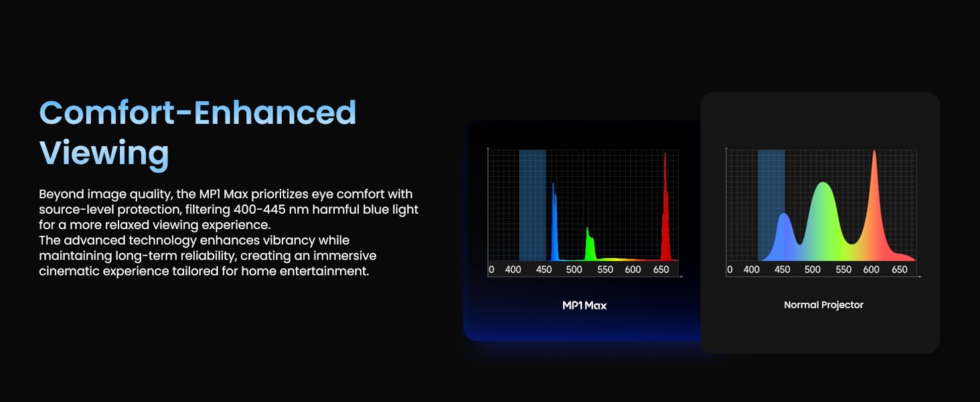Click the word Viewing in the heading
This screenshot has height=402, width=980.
tap(104, 153)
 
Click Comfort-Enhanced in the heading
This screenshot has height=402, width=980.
tap(197, 113)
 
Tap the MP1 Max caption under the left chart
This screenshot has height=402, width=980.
tap(584, 306)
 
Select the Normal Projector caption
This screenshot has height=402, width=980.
tap(823, 305)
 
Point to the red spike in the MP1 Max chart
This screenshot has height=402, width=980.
tap(665, 210)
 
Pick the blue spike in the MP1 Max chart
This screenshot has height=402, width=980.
tap(554, 223)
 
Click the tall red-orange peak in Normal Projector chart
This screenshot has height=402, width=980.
tap(874, 206)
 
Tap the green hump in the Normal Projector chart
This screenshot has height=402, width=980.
tap(823, 219)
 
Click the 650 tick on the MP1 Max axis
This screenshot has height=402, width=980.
tap(661, 269)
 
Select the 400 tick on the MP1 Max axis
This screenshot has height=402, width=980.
tap(513, 269)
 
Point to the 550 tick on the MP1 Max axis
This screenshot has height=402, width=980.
tap(605, 269)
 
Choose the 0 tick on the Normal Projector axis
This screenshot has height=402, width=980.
tap(730, 269)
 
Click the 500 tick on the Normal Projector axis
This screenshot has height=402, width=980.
tap(813, 269)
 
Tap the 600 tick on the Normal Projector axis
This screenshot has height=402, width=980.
tap(871, 269)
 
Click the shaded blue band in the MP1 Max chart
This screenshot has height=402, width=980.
tap(532, 206)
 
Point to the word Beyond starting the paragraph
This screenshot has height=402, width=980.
tap(60, 194)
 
